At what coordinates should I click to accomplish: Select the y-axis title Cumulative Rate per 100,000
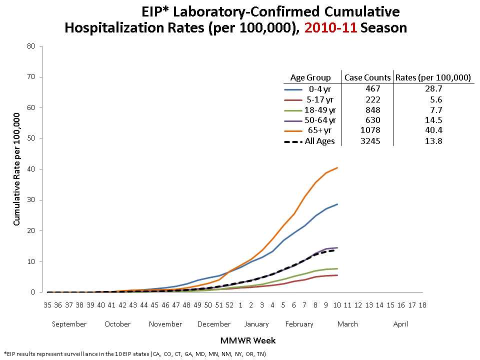coord(17,169)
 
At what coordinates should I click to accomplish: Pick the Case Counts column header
coord(367,77)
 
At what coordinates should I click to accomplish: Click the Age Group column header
coord(310,77)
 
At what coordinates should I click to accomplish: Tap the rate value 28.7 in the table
coord(433,88)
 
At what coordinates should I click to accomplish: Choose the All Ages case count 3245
coord(367,141)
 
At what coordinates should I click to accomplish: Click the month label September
coord(69,324)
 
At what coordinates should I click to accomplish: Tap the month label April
coord(400,324)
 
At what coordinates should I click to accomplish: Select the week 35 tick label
coord(47,304)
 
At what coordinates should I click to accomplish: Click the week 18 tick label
coord(422,304)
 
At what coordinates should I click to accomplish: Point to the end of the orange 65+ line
coord(337,167)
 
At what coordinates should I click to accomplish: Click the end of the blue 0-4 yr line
coord(337,204)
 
